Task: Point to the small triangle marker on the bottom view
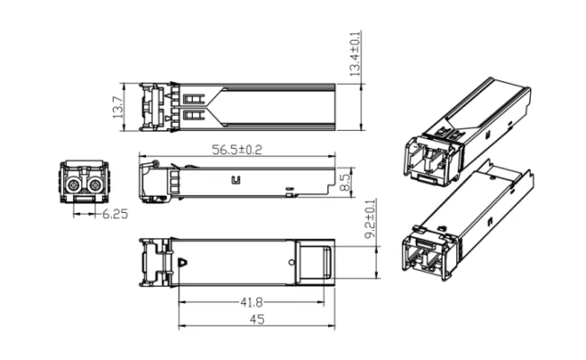pyautogui.click(x=183, y=263)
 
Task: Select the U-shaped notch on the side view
pyautogui.click(x=235, y=180)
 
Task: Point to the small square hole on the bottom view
pyautogui.click(x=292, y=260)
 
